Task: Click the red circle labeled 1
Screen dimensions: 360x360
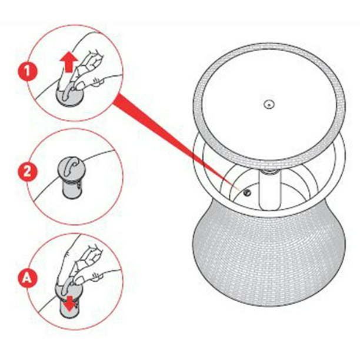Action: pyautogui.click(x=27, y=71)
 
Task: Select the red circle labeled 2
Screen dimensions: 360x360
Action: pyautogui.click(x=27, y=172)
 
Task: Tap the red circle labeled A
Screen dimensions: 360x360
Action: pyautogui.click(x=27, y=278)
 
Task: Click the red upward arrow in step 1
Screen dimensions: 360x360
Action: pyautogui.click(x=69, y=62)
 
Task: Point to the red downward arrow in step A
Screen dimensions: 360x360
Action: pyautogui.click(x=70, y=302)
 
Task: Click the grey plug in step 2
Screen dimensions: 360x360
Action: pyautogui.click(x=71, y=177)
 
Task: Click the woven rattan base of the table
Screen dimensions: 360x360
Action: pyautogui.click(x=269, y=255)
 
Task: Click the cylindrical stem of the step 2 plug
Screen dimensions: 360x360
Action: pyautogui.click(x=71, y=189)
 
